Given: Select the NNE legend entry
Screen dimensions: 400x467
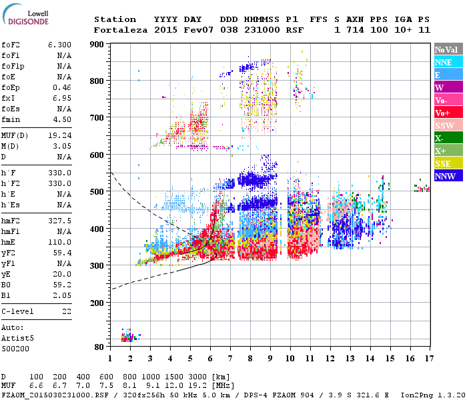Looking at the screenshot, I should pyautogui.click(x=443, y=62).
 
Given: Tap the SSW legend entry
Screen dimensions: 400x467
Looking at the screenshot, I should pyautogui.click(x=444, y=126).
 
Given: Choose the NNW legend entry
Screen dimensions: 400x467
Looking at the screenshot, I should pyautogui.click(x=445, y=176).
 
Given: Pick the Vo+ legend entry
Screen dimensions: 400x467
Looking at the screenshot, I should pyautogui.click(x=443, y=113).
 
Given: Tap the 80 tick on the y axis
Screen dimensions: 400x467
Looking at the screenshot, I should pyautogui.click(x=99, y=347).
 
